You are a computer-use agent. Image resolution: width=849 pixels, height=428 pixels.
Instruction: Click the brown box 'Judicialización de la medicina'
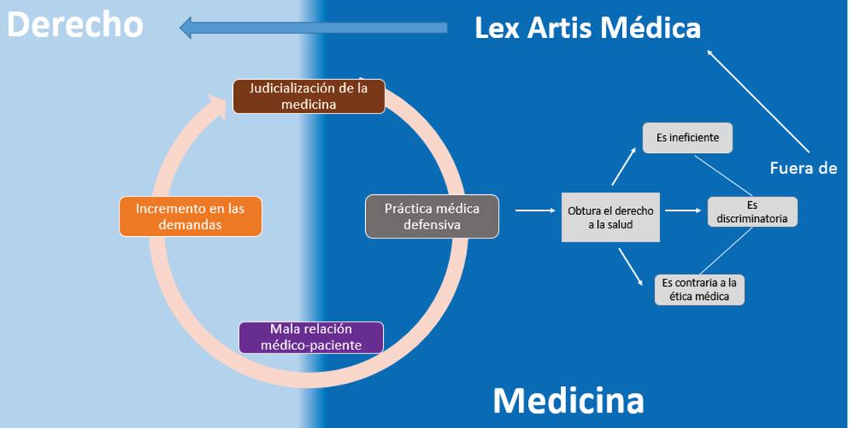309,97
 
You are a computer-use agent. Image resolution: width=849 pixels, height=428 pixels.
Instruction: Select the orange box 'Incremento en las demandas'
190,216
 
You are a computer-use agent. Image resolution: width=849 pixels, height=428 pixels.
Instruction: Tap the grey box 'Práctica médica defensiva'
432,216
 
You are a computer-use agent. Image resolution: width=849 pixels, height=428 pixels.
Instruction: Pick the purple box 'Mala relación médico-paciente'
311,337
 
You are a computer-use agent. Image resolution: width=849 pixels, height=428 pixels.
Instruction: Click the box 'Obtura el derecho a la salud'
611,217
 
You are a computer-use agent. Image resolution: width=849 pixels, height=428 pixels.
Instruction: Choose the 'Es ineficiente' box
687,137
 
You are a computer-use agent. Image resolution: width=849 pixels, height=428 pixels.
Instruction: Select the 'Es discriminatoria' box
752,211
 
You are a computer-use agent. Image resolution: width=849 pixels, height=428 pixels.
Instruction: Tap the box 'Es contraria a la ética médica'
699,289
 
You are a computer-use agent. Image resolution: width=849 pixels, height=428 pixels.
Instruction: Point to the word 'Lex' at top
498,29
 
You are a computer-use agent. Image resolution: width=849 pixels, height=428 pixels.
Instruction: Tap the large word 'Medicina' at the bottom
568,400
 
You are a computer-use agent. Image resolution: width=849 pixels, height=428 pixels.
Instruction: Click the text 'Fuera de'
803,167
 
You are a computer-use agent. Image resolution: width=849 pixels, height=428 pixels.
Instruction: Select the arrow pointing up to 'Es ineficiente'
625,165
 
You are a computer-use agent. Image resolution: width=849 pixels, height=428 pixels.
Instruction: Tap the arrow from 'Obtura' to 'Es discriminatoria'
684,210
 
